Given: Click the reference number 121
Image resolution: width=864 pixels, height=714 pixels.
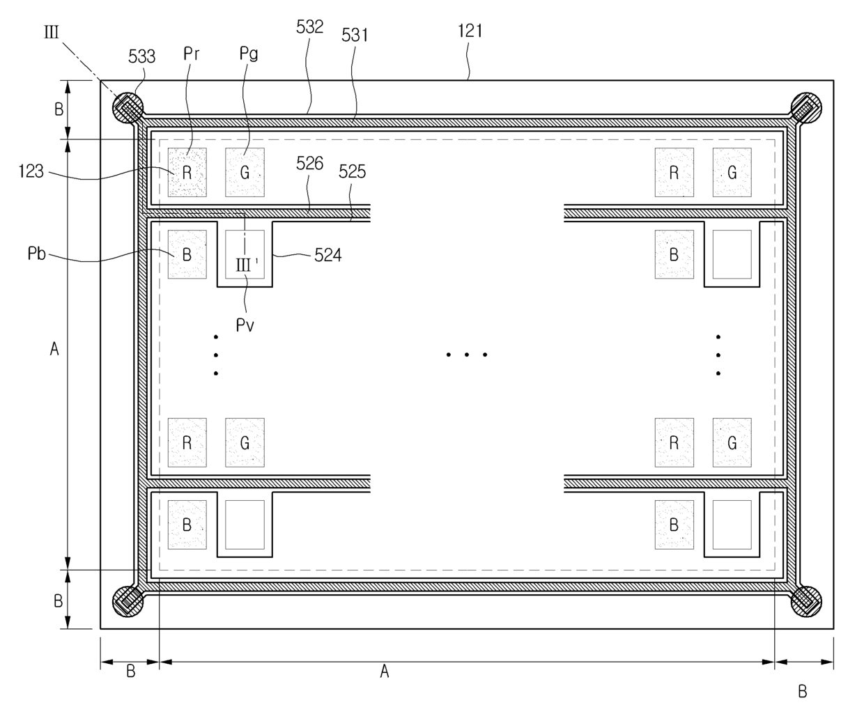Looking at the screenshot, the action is click(470, 31).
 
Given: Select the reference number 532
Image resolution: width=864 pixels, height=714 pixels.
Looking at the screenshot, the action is click(309, 27).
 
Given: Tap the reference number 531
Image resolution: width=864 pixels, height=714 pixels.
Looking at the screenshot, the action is click(355, 35).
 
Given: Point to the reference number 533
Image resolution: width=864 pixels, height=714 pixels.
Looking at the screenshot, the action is click(141, 56).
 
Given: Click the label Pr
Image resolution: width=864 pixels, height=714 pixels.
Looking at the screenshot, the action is click(192, 53).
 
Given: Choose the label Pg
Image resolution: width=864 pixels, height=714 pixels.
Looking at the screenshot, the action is click(249, 53).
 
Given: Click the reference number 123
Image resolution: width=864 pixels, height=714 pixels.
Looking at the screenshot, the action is click(31, 171).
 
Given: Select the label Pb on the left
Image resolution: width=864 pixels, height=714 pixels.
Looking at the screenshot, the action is click(36, 254).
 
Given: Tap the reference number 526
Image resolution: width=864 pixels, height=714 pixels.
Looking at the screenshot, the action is click(309, 163).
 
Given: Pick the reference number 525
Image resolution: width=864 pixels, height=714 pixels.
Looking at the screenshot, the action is click(352, 171).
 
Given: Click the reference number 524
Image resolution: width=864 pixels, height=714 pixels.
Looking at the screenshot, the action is click(327, 255).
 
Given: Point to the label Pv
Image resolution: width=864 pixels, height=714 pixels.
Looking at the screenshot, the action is click(245, 325).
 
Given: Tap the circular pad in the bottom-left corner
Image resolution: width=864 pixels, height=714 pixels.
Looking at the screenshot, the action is click(128, 599).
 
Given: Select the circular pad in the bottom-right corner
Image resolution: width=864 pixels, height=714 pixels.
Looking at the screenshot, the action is click(806, 599).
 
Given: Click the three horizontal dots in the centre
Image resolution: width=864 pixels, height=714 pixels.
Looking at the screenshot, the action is click(466, 355).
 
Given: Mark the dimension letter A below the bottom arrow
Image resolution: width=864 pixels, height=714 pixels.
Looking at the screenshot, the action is click(384, 672).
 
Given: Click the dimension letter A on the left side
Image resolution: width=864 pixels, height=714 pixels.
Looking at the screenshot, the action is click(54, 349).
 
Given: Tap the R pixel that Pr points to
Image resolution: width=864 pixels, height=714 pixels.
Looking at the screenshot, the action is click(187, 172).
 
